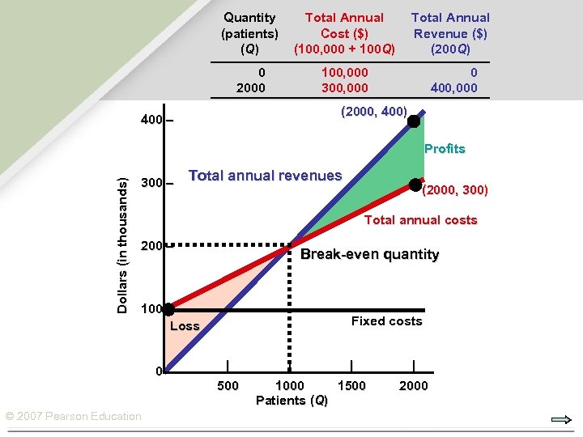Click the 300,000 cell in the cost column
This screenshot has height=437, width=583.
(344, 87)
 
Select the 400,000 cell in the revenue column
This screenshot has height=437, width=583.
(455, 87)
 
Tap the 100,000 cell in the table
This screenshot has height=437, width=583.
(344, 72)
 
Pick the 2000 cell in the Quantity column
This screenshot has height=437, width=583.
(250, 87)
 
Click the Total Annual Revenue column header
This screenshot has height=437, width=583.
(450, 33)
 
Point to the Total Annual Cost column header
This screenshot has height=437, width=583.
(344, 33)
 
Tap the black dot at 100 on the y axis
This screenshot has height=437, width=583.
(168, 309)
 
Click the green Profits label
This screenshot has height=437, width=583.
(445, 149)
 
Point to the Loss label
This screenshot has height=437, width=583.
(185, 326)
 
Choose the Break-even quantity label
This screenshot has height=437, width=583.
(369, 255)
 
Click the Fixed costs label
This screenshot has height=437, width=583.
(386, 321)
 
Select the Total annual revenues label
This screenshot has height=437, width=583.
(265, 176)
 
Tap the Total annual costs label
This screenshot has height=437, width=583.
(420, 220)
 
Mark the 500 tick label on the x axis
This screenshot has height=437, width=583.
(228, 385)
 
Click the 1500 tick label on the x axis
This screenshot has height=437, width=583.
(351, 385)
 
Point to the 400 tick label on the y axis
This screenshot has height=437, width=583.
(151, 121)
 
